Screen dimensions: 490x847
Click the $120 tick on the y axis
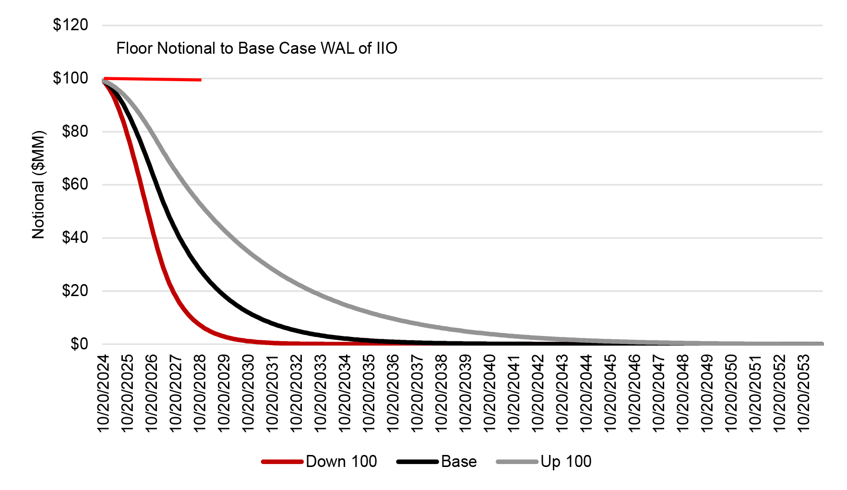click(x=71, y=25)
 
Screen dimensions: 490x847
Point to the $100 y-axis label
click(x=71, y=78)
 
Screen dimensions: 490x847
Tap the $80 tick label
click(x=75, y=131)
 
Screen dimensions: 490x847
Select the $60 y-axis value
click(x=75, y=184)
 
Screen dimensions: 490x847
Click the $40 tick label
click(x=75, y=238)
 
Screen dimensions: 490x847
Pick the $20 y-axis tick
click(x=75, y=291)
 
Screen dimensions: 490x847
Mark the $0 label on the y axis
click(x=79, y=344)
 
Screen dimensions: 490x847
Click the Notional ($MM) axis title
click(x=38, y=185)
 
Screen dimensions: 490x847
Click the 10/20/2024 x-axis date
click(x=104, y=394)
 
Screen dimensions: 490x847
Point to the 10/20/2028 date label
click(x=200, y=394)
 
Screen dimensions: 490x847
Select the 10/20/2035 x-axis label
click(x=369, y=394)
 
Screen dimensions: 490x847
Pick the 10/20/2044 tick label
click(x=586, y=394)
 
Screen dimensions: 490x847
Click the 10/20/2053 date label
click(x=803, y=394)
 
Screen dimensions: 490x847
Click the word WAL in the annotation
click(x=337, y=48)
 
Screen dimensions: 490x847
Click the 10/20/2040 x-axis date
click(x=489, y=394)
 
